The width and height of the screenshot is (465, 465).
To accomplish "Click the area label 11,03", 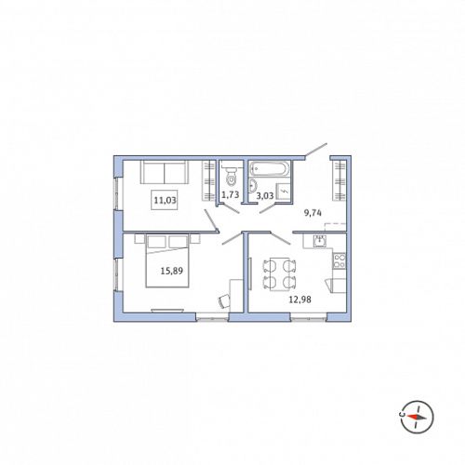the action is tap(166, 200).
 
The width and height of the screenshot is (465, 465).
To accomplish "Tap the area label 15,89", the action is tap(172, 271).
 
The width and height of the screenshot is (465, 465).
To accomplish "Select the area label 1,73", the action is tap(231, 194).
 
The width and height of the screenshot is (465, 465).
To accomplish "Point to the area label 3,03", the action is tap(265, 195).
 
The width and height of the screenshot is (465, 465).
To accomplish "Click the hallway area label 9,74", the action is tap(312, 213).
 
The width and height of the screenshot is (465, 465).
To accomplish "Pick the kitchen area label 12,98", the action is tap(300, 299).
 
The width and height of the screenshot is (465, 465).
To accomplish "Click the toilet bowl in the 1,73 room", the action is tap(231, 176).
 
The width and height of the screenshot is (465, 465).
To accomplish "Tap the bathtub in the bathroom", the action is tap(270, 169).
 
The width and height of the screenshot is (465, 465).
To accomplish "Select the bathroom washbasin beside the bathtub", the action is tap(253, 186).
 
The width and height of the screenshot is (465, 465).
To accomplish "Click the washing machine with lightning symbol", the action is tap(284, 192).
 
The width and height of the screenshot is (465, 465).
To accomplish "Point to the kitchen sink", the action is tap(320, 241).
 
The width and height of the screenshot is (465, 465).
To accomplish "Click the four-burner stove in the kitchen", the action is tap(339, 260).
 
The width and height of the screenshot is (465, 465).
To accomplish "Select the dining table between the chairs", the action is tap(279, 274).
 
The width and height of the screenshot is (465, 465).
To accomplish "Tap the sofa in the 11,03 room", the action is tap(165, 172).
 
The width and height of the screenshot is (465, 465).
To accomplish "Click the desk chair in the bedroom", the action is tap(224, 301).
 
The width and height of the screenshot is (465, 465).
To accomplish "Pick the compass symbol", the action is tap(417, 417).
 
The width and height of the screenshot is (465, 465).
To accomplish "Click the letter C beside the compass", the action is tap(402, 414).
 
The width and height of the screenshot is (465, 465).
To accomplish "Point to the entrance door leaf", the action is tap(316, 150).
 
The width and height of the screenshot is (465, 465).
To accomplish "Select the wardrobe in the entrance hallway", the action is tap(339, 180).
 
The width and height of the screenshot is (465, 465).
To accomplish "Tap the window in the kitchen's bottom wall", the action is tap(309, 317).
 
